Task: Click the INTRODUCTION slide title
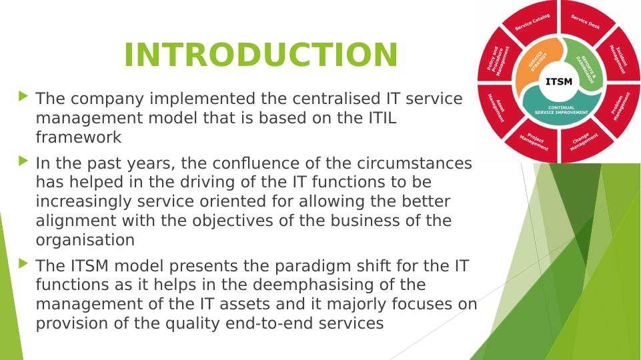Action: coord(261,55)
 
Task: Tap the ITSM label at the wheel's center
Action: coord(558,82)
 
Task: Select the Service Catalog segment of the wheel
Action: coord(531,21)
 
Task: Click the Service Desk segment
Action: coord(585,21)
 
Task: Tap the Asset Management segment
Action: coord(498,108)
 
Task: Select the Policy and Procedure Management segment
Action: coord(498,57)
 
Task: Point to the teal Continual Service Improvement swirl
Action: coord(560,109)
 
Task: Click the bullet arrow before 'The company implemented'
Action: coord(25,97)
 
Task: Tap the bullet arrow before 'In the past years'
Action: coord(25,161)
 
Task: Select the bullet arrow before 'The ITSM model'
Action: coord(25,263)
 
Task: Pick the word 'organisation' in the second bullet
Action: coord(85,240)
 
